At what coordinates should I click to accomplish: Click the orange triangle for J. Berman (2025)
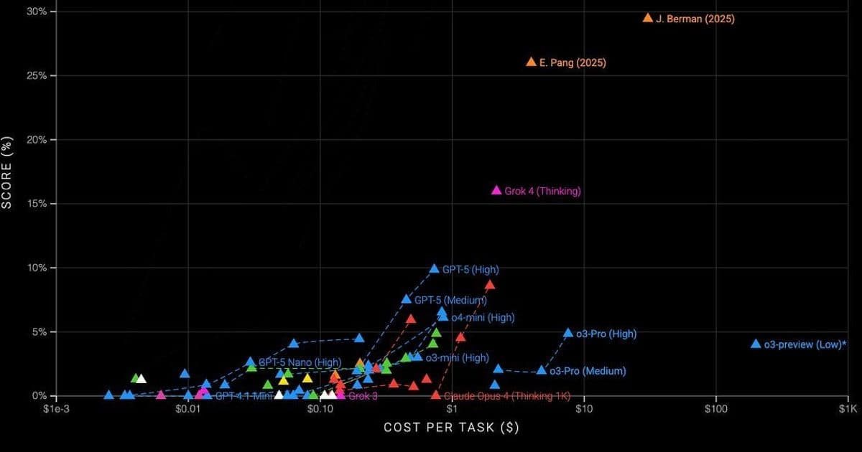point(648,18)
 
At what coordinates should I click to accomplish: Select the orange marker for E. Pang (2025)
point(531,62)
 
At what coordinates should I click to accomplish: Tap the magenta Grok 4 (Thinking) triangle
point(496,190)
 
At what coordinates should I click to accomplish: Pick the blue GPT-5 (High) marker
point(434,269)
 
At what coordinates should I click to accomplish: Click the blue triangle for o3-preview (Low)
point(756,344)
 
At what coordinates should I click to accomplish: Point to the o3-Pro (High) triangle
point(568,334)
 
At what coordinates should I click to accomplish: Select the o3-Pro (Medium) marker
point(542,371)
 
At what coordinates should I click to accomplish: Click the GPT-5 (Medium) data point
point(407,299)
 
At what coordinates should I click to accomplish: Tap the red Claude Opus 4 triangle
point(435,395)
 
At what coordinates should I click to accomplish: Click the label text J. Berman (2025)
point(695,19)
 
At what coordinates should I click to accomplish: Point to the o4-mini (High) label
point(483,317)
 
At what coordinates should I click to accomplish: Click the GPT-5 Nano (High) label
point(300,362)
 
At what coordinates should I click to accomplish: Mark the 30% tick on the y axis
point(37,11)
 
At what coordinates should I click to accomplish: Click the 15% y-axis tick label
point(37,204)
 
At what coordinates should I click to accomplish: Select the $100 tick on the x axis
point(716,410)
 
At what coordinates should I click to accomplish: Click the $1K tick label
point(848,410)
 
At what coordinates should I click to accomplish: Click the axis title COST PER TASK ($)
point(451,428)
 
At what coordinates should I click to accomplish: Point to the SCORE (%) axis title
point(8,172)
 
